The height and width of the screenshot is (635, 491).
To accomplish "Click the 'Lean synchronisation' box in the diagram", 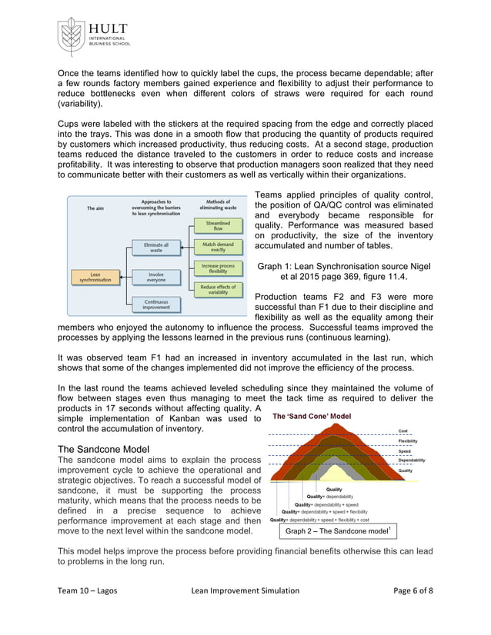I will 95,276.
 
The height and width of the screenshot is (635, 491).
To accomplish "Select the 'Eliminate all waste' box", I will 155,247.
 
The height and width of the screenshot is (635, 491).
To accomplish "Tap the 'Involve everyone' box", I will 155,276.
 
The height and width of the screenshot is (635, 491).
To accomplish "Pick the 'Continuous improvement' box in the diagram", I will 155,304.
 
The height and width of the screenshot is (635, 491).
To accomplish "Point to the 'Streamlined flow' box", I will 218,225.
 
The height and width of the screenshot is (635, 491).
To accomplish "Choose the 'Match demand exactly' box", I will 218,247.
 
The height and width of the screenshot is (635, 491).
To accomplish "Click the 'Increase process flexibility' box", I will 218,268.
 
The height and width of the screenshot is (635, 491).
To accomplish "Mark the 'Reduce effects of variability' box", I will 218,290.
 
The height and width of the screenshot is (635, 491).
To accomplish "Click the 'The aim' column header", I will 95,208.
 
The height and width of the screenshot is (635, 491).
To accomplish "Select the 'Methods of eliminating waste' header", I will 219,204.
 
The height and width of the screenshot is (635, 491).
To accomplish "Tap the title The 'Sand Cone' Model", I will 312,416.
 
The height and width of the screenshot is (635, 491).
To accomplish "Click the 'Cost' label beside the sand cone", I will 402,431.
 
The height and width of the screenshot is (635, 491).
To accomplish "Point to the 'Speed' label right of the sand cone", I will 404,450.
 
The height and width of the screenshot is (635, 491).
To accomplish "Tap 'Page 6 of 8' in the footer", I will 413,611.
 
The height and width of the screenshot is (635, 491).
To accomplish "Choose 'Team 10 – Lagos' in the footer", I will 88,611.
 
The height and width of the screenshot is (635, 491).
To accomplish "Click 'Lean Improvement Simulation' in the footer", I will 245,611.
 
